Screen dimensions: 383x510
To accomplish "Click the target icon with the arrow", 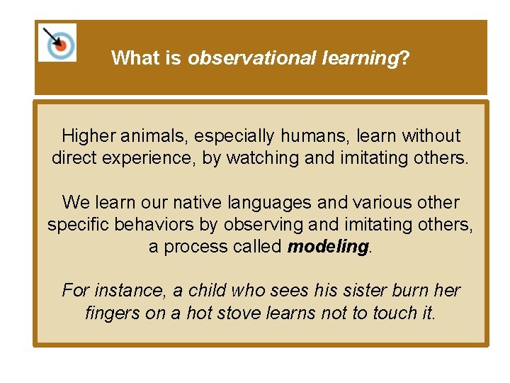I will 57,43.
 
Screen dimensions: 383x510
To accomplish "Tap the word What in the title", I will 137,57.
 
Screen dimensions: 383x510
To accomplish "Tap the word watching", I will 262,157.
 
